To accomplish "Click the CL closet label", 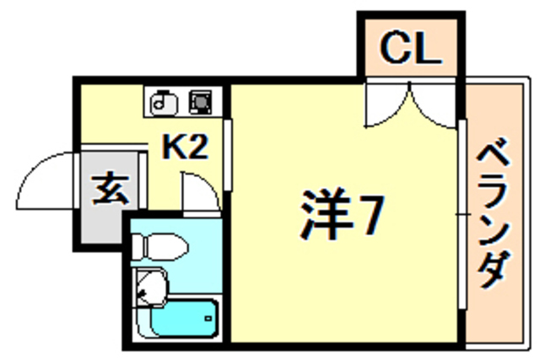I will (x=410, y=50).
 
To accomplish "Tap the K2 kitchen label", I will (x=185, y=148).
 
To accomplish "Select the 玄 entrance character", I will (x=110, y=189).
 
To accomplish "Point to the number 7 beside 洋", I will (x=368, y=217).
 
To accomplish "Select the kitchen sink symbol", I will (x=164, y=101).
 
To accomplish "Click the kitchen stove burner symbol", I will (x=201, y=101).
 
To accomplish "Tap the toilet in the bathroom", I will (x=163, y=247).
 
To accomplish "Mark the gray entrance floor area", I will (x=110, y=202).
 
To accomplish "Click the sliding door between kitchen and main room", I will (x=227, y=156).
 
